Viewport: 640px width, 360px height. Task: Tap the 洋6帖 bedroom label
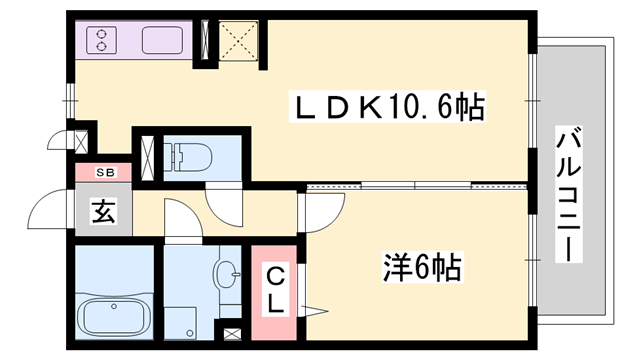tap(422, 267)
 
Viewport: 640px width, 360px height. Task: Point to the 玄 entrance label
tap(101, 212)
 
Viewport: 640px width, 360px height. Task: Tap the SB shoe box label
tap(105, 173)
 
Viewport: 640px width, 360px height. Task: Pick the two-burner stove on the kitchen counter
tap(102, 41)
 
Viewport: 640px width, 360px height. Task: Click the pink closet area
tap(276, 290)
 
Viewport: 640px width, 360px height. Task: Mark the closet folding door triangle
tap(312, 309)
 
